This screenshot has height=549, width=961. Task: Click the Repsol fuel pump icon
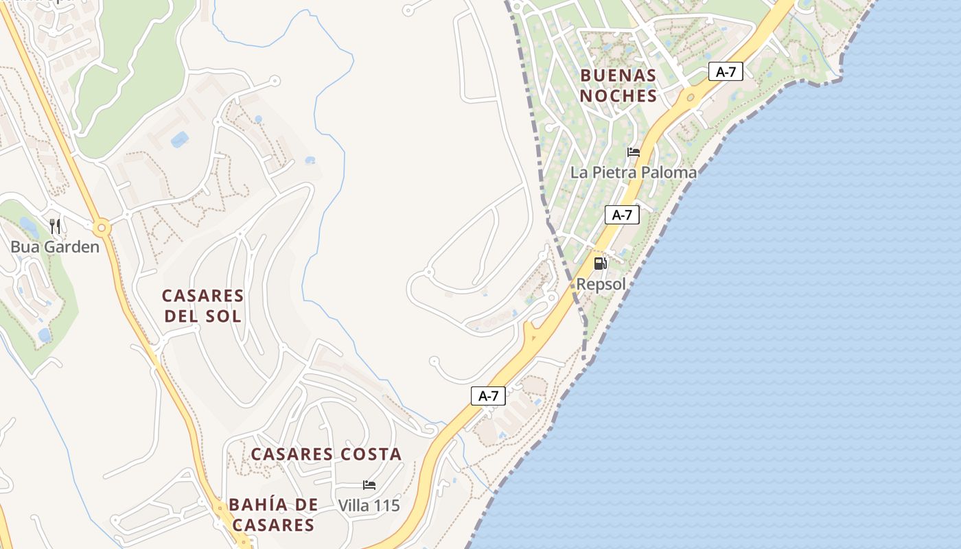click(600, 263)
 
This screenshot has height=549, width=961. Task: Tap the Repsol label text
click(601, 284)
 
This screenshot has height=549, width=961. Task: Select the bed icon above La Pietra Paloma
click(634, 152)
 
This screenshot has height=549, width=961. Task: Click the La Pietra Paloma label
click(633, 172)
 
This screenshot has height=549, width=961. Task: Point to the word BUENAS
click(618, 75)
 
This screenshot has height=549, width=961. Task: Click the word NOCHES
click(618, 96)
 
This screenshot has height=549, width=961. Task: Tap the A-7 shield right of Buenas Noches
click(726, 71)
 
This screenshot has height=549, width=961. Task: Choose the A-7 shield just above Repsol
click(622, 215)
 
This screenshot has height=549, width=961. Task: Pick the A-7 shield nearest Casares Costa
click(488, 395)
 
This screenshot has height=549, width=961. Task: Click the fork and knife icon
click(56, 226)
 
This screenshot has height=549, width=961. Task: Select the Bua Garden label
click(55, 247)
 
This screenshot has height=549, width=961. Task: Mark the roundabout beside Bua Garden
click(102, 227)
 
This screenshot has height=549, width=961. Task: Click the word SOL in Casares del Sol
click(227, 316)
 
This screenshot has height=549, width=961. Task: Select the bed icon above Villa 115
click(369, 485)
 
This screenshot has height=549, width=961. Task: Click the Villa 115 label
click(369, 506)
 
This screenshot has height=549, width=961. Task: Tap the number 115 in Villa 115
click(387, 506)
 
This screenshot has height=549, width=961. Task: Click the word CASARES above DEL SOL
click(202, 296)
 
